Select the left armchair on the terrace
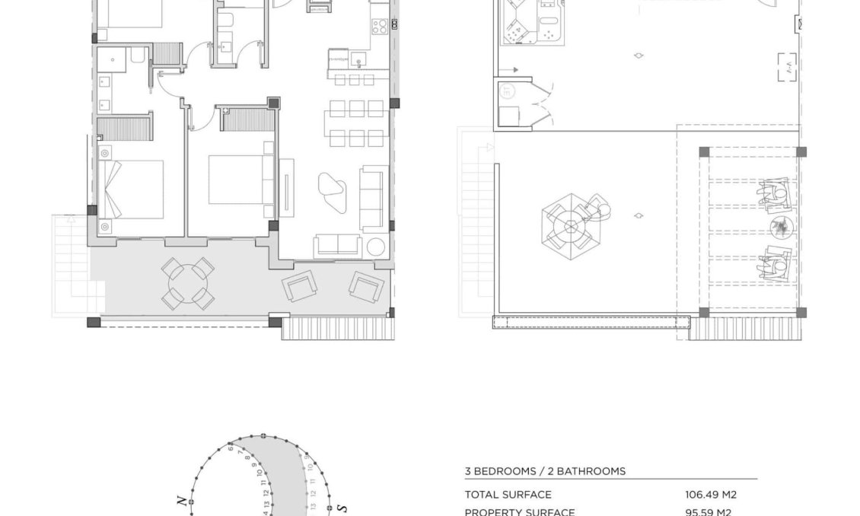click(298, 287)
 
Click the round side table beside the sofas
click(376, 247)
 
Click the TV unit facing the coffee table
click(286, 187)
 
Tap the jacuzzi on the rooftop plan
click(530, 23)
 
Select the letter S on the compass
click(342, 508)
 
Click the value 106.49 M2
click(711, 495)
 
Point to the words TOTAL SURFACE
click(508, 495)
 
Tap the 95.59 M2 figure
click(708, 512)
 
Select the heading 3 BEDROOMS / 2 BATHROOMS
click(545, 471)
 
